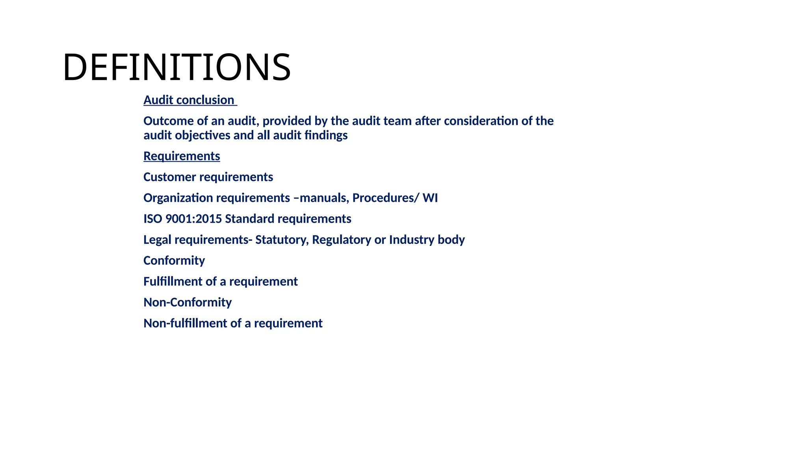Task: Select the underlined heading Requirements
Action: pos(182,156)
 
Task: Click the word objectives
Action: pos(203,136)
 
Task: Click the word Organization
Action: pos(178,198)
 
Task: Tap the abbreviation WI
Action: pos(430,198)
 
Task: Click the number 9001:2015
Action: pos(193,219)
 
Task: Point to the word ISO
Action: pos(153,219)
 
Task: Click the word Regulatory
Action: pos(341,240)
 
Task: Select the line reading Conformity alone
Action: pos(174,260)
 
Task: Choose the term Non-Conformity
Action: pos(188,302)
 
